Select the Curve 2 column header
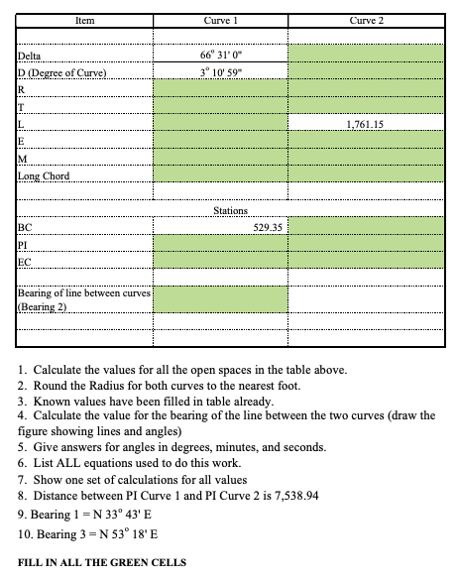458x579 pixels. coord(368,19)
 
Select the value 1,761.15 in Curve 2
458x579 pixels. coord(368,125)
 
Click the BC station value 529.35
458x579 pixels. coord(269,227)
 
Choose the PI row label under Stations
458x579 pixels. coord(24,244)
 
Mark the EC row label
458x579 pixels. coord(25,262)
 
